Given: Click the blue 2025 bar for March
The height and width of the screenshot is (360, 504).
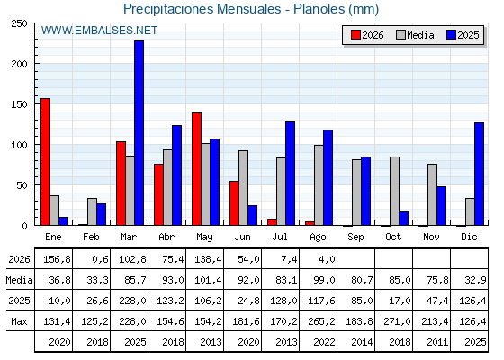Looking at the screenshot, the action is coord(139,133).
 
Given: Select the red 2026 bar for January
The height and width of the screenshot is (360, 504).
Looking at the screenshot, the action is coord(45,162).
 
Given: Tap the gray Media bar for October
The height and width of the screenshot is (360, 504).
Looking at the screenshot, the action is coord(395,191).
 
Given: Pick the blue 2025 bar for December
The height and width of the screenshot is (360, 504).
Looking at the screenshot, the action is coord(479,174).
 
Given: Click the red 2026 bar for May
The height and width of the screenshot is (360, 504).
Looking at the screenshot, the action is coord(197,169).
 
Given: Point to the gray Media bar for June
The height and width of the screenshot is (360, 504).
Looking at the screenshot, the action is coord(244,188).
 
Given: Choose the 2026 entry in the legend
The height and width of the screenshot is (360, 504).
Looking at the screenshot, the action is coord(367,35).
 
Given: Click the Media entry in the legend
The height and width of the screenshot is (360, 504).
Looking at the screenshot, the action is coord(415,35).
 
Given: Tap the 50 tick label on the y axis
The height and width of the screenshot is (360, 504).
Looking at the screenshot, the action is coord(22,185).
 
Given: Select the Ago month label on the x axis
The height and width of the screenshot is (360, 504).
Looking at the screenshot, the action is coord(318,238).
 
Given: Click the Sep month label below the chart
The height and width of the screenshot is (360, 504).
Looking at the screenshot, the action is coord(355,237).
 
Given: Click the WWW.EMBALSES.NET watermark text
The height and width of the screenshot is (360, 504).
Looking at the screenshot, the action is coord(99,31).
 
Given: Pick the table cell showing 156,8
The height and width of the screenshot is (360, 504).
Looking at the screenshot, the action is coord(57,259).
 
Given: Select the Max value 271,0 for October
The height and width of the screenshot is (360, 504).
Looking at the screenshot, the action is coord(397,321).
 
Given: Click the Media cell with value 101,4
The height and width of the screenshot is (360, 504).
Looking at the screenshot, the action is coord(208,280).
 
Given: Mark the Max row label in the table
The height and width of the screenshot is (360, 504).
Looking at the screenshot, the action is coord(19,321).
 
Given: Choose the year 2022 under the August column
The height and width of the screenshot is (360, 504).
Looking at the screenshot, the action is coord(324,342).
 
